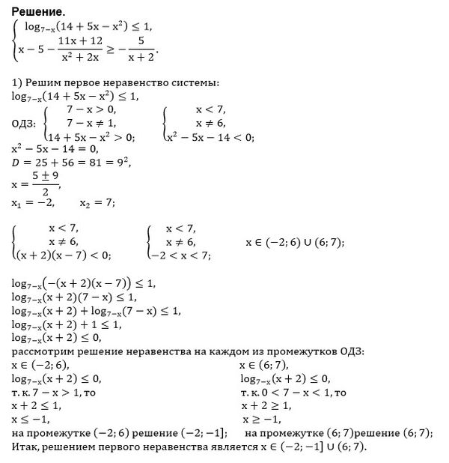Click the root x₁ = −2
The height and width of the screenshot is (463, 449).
[30, 203]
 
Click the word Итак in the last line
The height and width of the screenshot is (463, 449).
[25, 447]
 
